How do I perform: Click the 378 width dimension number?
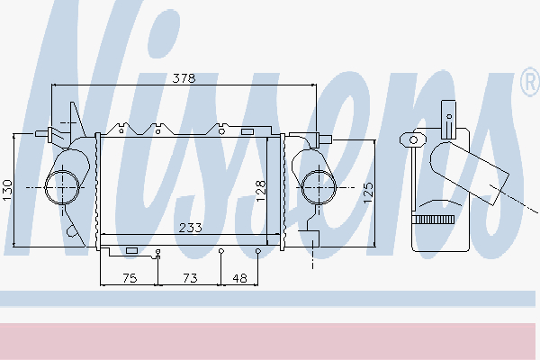point(184,77)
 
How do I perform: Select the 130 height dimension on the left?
point(7,190)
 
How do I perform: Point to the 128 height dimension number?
point(261,192)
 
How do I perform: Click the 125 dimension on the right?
point(367,192)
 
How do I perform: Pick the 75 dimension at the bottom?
point(129,279)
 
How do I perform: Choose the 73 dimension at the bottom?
point(190,279)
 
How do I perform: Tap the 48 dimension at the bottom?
point(239,279)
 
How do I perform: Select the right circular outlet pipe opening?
point(316,187)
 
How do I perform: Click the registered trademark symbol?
point(528,84)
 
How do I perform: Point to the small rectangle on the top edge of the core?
point(247,132)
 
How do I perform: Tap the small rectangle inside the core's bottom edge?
point(131,249)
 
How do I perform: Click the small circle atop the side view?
point(414,139)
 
